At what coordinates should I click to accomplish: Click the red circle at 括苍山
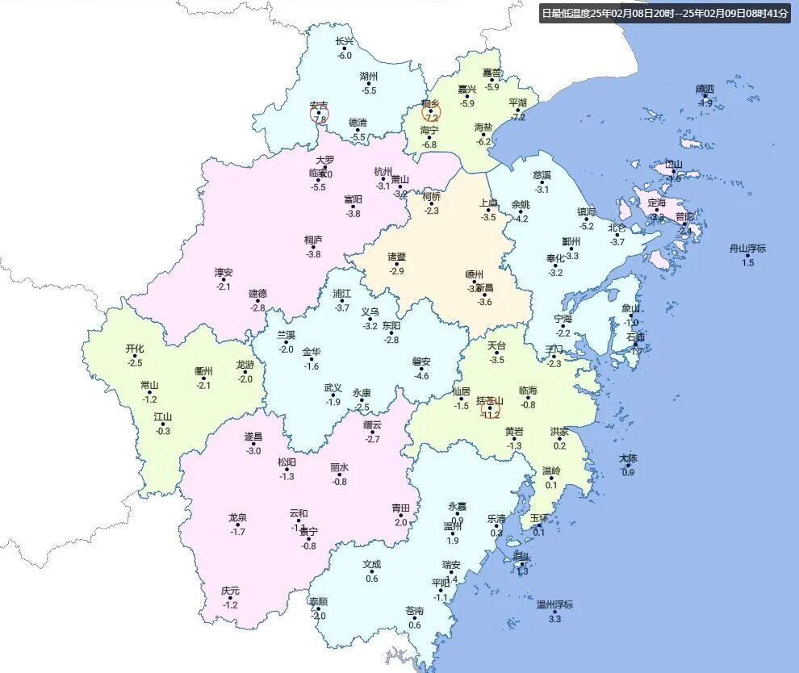[x=490, y=409]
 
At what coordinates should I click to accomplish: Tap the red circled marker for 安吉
[x=320, y=114]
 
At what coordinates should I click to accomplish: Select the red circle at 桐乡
[x=431, y=113]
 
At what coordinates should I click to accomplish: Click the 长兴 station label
[x=345, y=42]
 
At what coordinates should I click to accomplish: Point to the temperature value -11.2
[x=491, y=416]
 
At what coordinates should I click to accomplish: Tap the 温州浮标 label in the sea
[x=554, y=604]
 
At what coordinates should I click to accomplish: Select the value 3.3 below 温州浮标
[x=554, y=619]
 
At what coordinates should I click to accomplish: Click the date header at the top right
[x=665, y=13]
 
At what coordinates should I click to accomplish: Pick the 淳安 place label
[x=224, y=273]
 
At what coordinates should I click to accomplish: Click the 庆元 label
[x=230, y=591]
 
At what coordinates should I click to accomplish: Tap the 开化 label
[x=134, y=349]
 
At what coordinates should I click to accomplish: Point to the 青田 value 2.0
[x=401, y=522]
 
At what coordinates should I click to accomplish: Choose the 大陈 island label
[x=628, y=458]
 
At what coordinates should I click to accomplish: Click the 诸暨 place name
[x=396, y=257]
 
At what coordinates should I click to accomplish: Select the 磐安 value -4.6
[x=421, y=376]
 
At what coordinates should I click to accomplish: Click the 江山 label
[x=163, y=417]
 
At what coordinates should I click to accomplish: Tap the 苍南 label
[x=414, y=611]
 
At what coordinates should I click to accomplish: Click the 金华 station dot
[x=312, y=359]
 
